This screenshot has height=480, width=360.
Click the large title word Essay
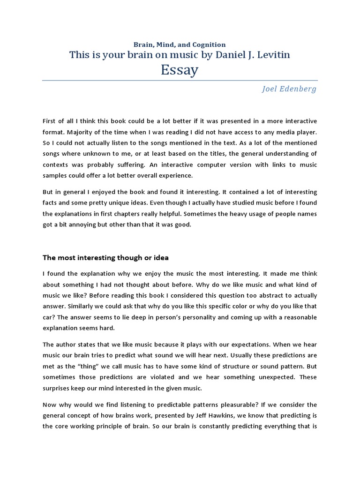pyautogui.click(x=180, y=70)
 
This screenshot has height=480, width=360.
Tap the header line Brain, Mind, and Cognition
pyautogui.click(x=180, y=45)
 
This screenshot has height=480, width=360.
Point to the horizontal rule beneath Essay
pyautogui.click(x=180, y=80)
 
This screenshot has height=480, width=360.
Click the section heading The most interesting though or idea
pyautogui.click(x=105, y=257)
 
